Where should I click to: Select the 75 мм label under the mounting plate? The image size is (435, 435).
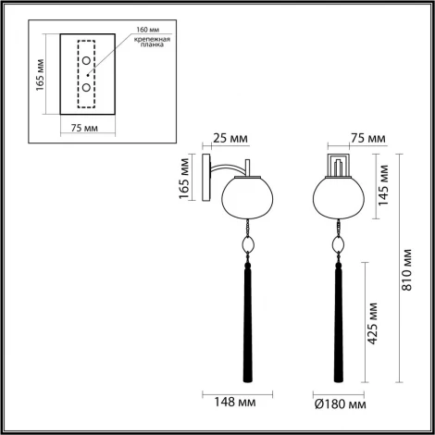pyautogui.click(x=84, y=129)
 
